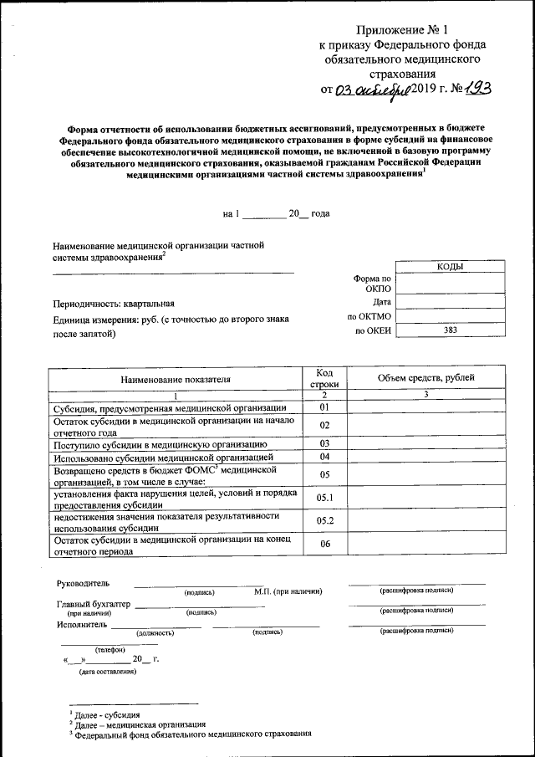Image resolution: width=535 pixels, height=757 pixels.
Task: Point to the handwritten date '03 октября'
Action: (373, 90)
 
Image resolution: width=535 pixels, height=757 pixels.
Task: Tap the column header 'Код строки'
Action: (325, 378)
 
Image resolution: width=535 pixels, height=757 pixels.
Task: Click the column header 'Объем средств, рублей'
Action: (425, 378)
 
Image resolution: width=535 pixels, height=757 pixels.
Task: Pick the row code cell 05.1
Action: (325, 499)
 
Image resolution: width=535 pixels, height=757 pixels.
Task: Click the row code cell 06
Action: (325, 545)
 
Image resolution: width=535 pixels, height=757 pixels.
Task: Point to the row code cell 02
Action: (325, 425)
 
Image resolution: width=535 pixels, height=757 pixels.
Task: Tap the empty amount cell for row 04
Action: (425, 457)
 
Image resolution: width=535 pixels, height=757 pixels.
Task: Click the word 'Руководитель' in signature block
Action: (82, 583)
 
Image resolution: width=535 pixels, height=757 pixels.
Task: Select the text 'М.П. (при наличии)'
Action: (288, 592)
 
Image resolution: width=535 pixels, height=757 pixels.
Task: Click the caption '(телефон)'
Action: (109, 649)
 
